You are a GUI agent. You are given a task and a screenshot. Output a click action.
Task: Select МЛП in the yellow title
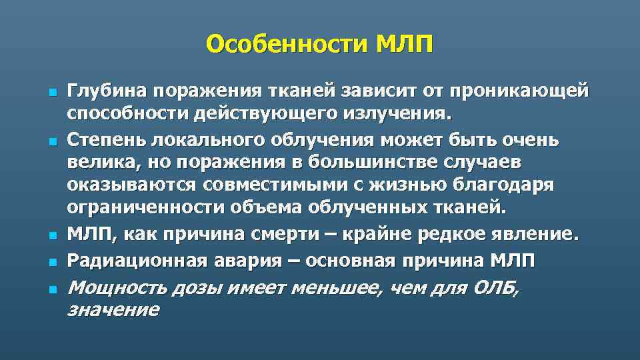point(404,45)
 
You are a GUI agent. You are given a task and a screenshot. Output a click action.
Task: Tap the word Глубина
point(107,91)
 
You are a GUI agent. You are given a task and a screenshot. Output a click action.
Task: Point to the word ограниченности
point(147,207)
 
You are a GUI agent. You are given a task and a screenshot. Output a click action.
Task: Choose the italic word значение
point(113,309)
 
